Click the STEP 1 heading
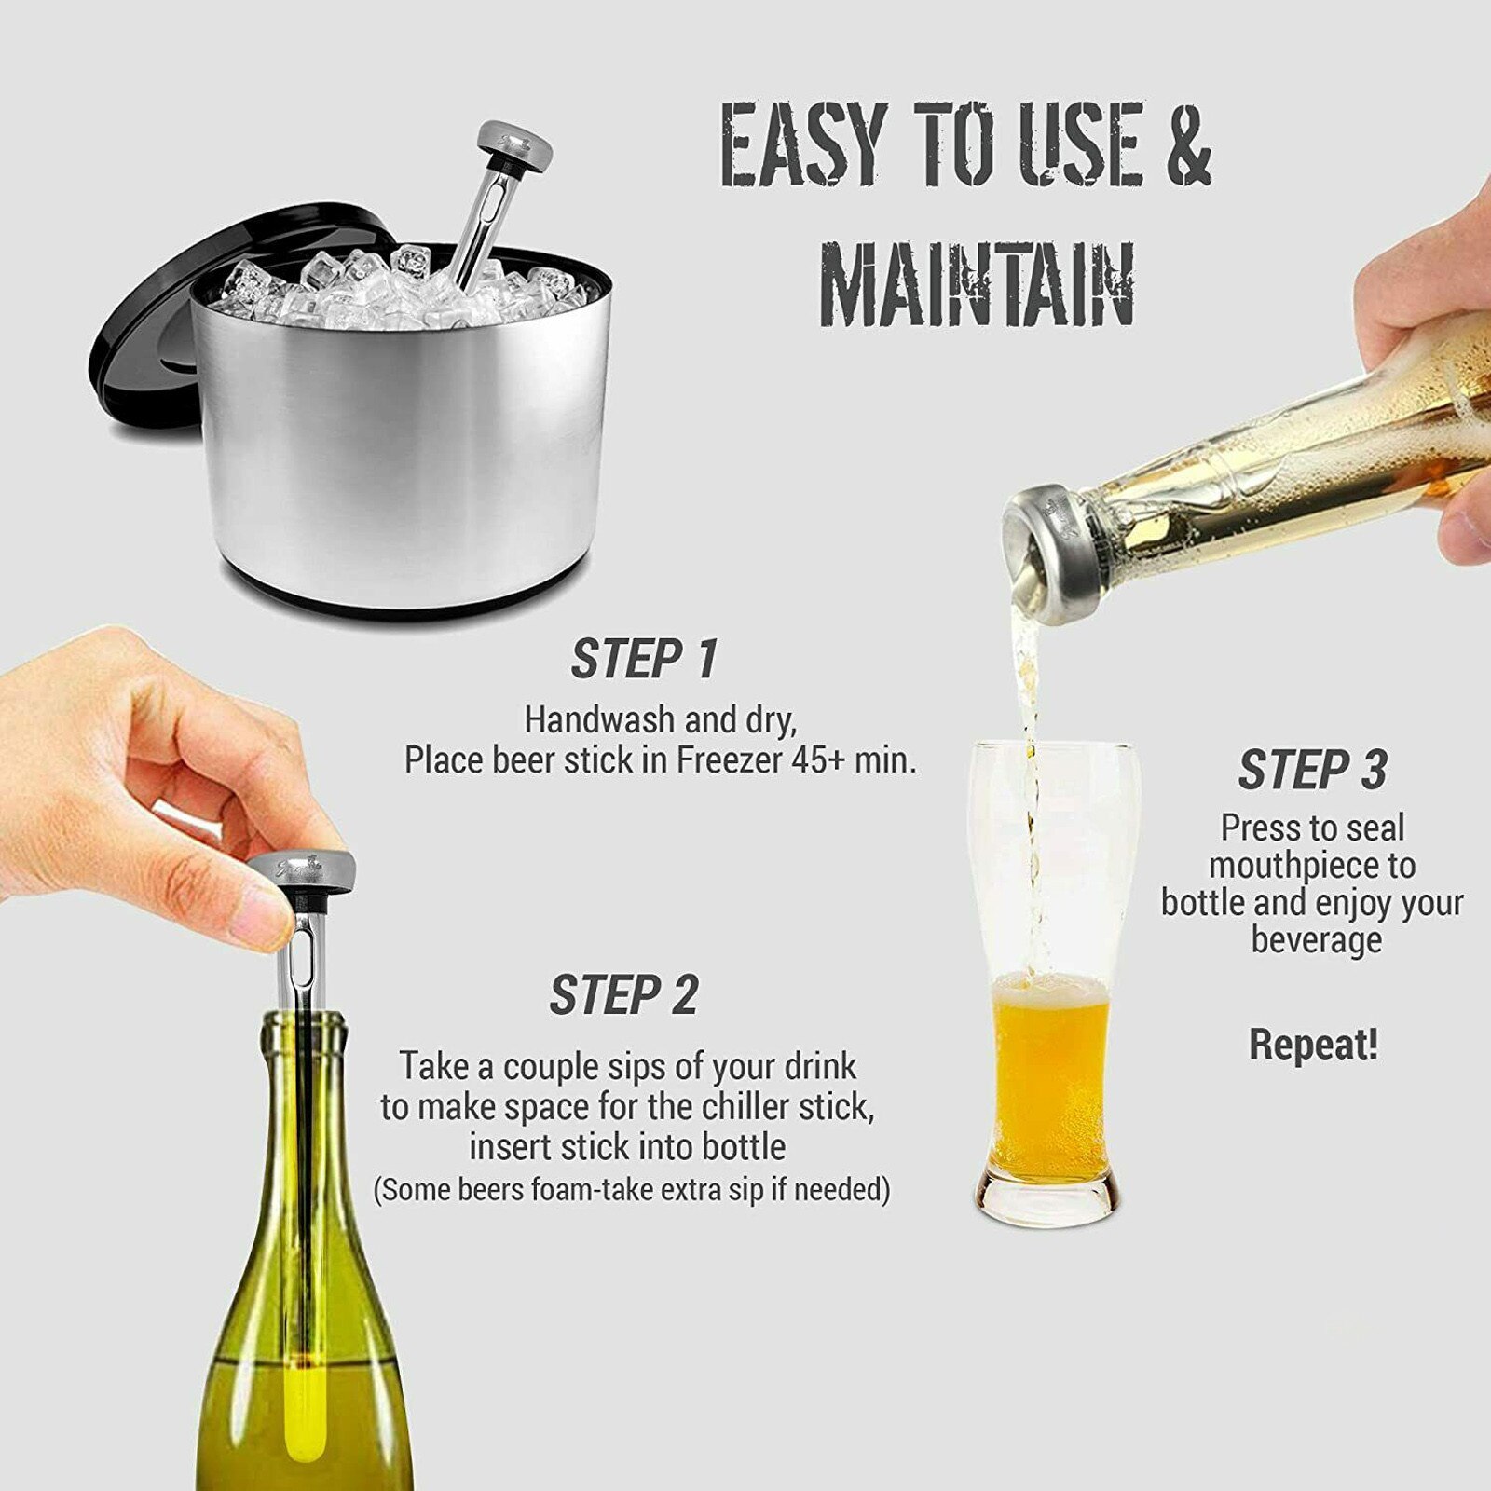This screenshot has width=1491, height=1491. (x=644, y=660)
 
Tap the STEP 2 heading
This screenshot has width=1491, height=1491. (x=623, y=995)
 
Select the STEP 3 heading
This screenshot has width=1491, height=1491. (x=1312, y=771)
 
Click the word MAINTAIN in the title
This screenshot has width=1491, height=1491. (x=976, y=284)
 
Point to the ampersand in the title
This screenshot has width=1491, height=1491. (x=1188, y=144)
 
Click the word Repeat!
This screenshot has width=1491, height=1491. (x=1313, y=1045)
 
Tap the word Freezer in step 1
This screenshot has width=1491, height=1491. (x=730, y=760)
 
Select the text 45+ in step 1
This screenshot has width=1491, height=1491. (x=817, y=760)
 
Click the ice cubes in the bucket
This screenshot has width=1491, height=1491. (x=373, y=284)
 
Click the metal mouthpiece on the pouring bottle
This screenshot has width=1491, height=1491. (x=1044, y=550)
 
